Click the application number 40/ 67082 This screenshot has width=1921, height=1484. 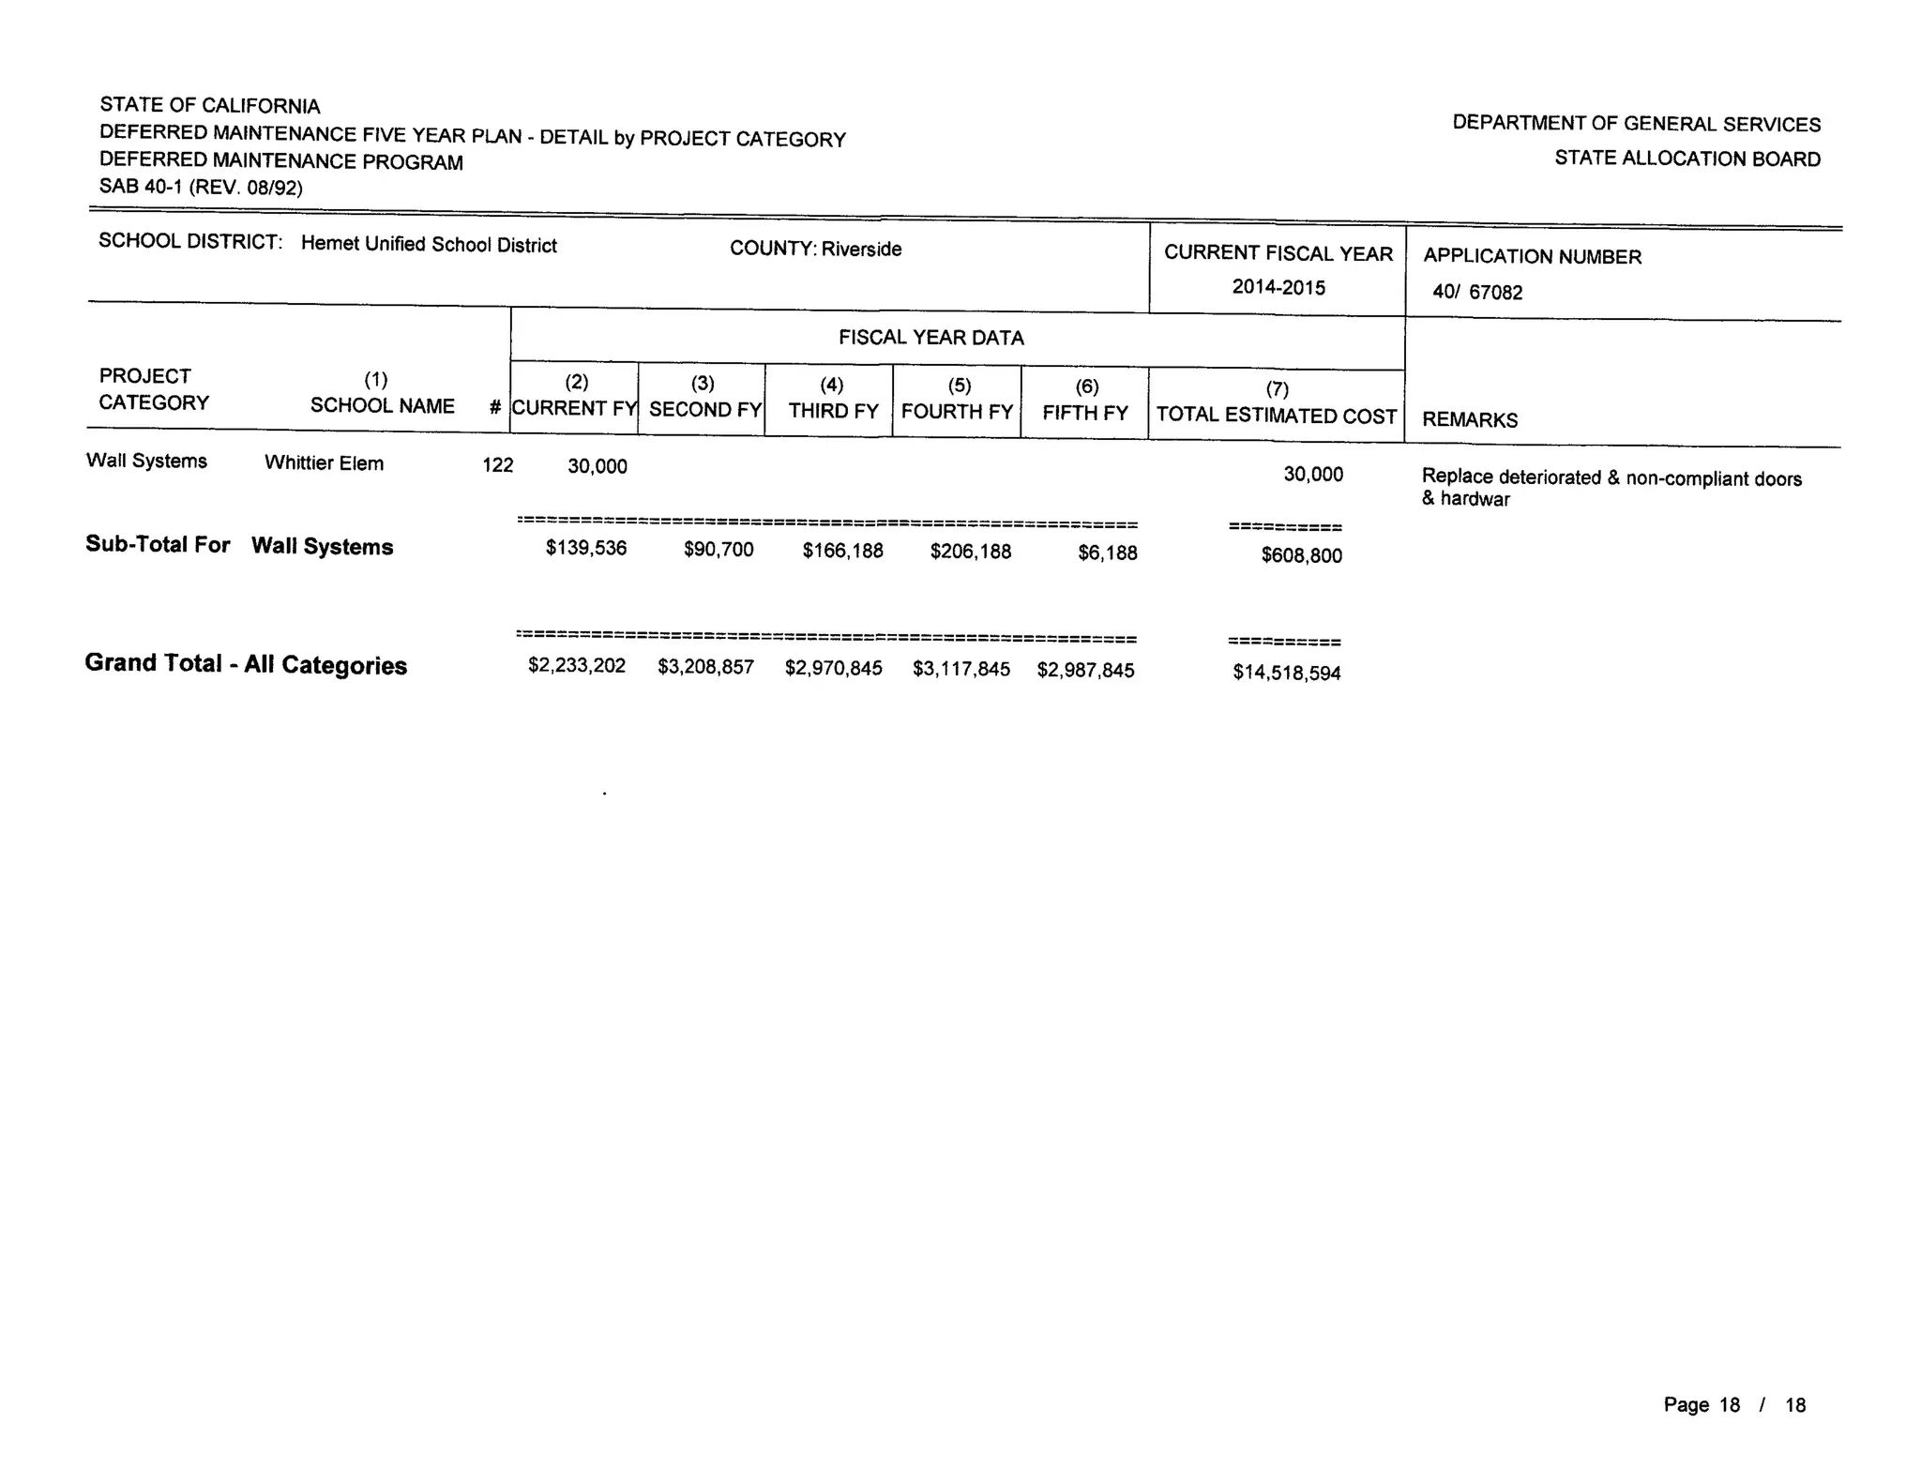tap(1477, 293)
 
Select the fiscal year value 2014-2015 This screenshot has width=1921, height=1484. tap(1278, 287)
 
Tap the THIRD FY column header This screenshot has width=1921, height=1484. tap(833, 411)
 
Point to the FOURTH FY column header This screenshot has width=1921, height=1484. tap(957, 412)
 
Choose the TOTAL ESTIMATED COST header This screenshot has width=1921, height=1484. tap(1277, 416)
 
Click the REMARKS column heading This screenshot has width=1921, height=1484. tap(1470, 420)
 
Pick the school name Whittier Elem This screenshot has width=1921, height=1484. tap(324, 463)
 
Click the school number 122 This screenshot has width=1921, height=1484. tap(497, 465)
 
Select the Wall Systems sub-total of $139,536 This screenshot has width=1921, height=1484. tap(586, 548)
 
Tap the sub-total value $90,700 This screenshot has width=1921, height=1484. tap(718, 550)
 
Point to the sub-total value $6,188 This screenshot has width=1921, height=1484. tap(1108, 553)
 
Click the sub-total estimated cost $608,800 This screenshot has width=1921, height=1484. tap(1302, 555)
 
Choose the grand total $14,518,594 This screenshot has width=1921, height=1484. tap(1287, 673)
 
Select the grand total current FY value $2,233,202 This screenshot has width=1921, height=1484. tap(577, 666)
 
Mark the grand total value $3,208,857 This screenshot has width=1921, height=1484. tap(705, 667)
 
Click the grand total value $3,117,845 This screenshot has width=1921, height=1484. tap(961, 669)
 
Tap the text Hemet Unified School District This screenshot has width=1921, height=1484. tap(429, 245)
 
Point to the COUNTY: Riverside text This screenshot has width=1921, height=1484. tap(815, 249)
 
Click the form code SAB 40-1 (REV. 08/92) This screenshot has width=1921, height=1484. tap(201, 187)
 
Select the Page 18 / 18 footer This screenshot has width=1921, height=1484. tap(1734, 1405)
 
